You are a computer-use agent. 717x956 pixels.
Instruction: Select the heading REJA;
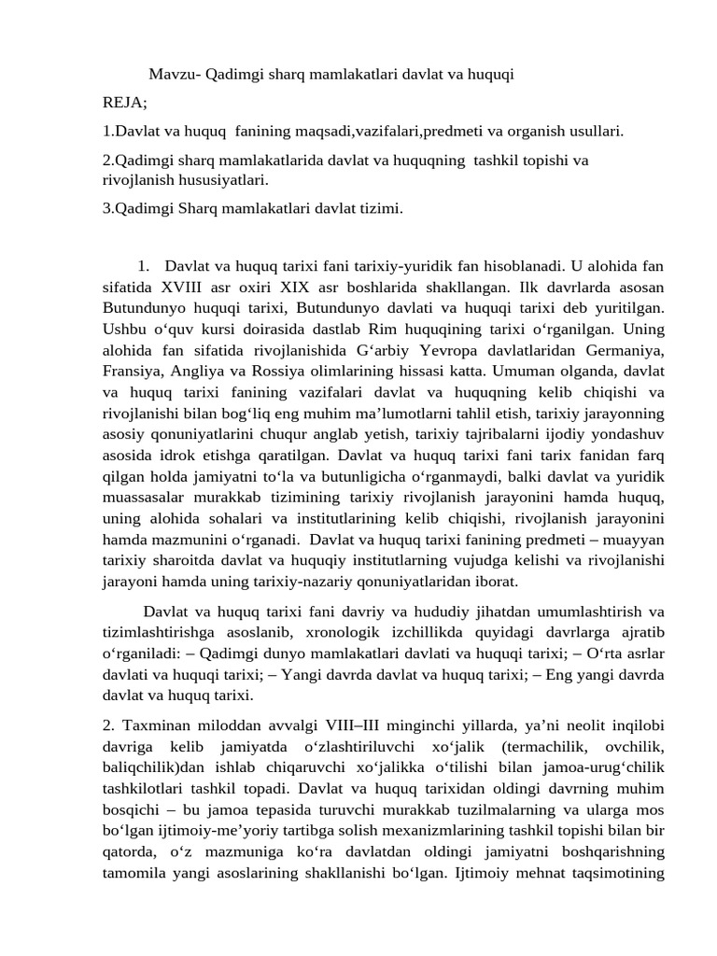pos(125,102)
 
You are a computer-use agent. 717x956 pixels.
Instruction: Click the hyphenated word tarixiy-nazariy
pos(280,581)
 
